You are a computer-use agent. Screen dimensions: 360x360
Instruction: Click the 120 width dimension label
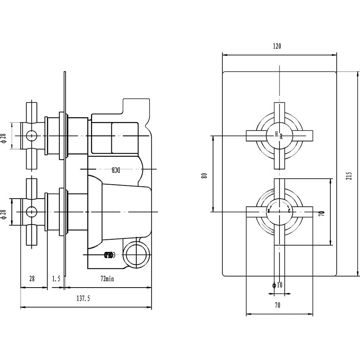click(x=277, y=46)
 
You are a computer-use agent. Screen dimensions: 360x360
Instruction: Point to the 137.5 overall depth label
click(x=83, y=299)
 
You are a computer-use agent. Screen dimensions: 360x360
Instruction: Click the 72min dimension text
click(x=107, y=279)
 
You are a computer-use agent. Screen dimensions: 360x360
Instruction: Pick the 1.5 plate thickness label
click(x=56, y=279)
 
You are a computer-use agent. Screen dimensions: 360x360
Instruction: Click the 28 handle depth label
click(x=32, y=279)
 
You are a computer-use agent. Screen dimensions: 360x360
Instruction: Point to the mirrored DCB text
click(x=116, y=170)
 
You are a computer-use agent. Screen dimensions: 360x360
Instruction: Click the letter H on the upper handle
click(x=277, y=134)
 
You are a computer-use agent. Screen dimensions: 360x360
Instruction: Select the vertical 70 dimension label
click(x=321, y=212)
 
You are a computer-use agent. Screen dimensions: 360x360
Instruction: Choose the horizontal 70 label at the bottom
click(x=277, y=305)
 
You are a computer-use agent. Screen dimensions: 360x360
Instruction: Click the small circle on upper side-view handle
click(x=31, y=136)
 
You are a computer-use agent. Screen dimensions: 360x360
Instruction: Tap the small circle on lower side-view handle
click(x=31, y=210)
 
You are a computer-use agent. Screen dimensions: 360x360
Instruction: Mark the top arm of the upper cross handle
click(x=280, y=112)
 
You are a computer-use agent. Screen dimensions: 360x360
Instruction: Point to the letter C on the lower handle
click(x=289, y=211)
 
